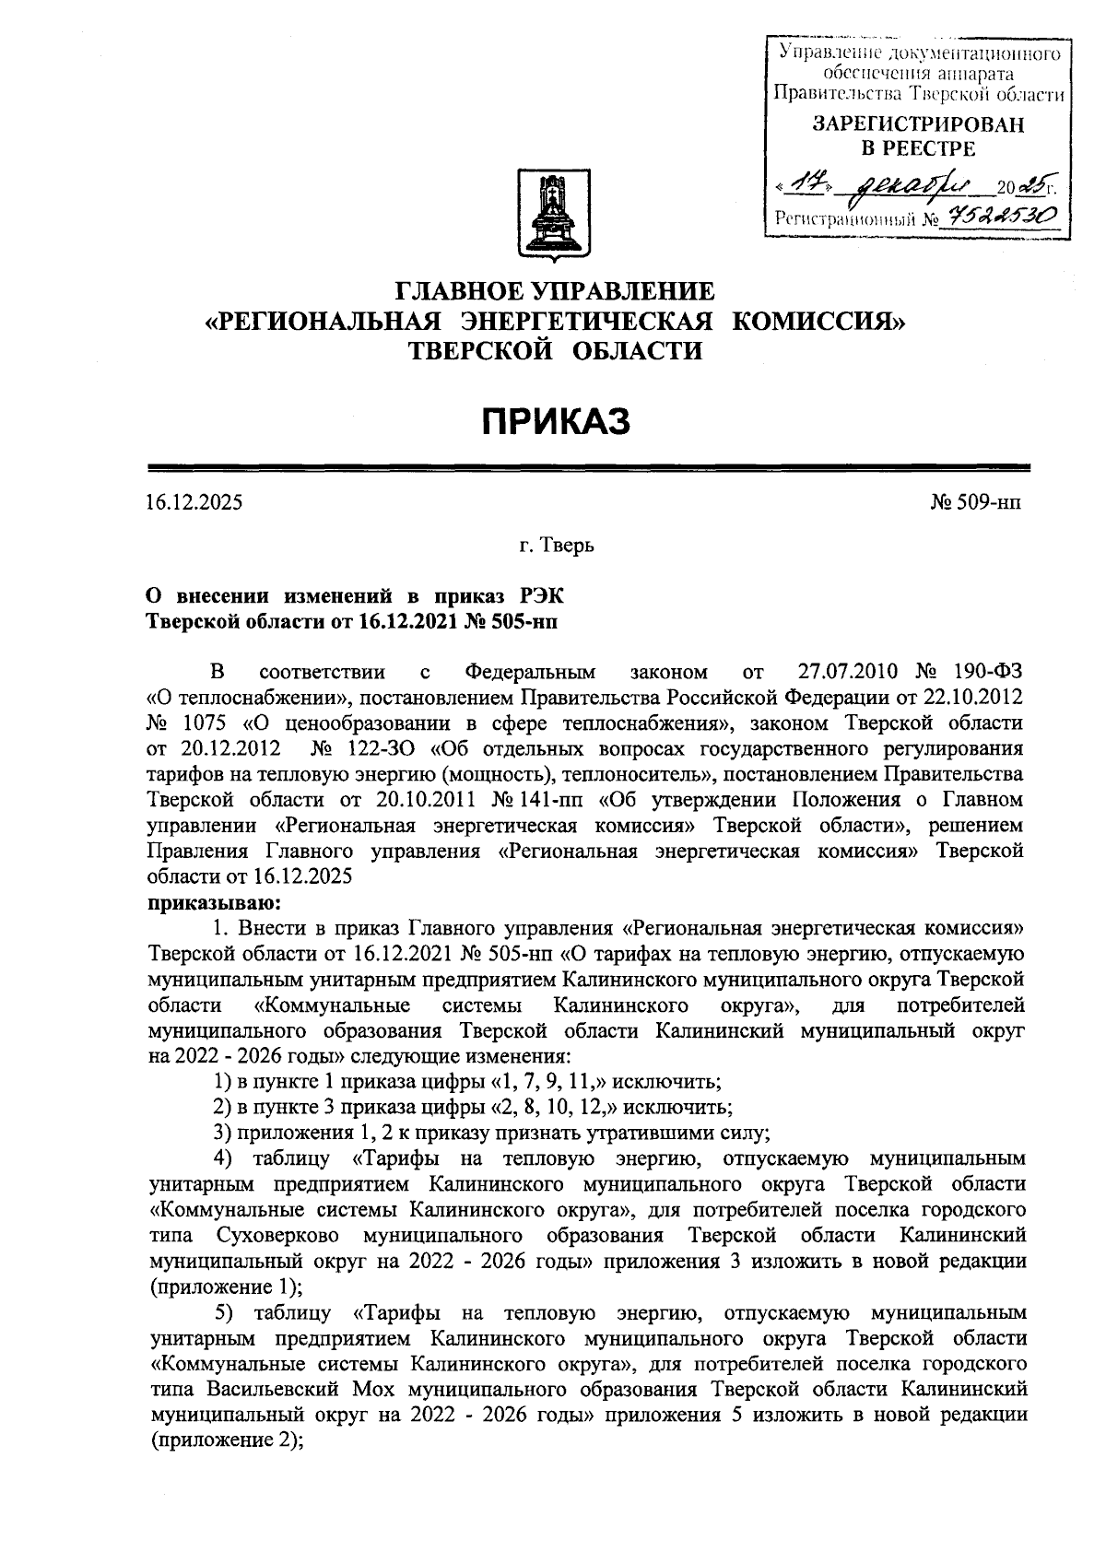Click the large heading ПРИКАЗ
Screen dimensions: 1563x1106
[557, 421]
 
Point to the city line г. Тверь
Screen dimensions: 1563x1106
[556, 546]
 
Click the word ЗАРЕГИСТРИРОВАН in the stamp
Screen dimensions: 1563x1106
[917, 125]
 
